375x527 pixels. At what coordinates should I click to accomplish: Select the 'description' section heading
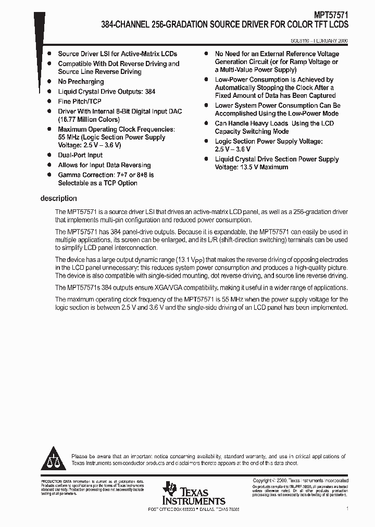tap(58, 198)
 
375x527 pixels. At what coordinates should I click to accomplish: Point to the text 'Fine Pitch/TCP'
tap(80, 102)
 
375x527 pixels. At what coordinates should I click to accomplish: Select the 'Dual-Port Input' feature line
tap(80, 155)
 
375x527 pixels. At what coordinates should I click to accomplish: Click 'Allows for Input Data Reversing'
tap(104, 165)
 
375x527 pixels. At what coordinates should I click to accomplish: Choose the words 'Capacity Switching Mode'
tap(252, 131)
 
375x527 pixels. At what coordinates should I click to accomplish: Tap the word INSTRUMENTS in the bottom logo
tap(194, 500)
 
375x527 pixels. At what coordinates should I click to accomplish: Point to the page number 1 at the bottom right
tap(347, 508)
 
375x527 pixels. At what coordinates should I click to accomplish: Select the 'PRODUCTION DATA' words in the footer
tap(54, 481)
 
